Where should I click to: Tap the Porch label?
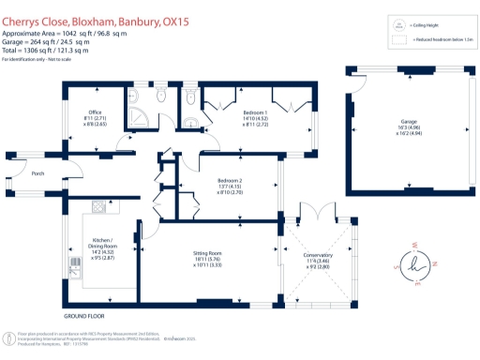coord(37,174)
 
